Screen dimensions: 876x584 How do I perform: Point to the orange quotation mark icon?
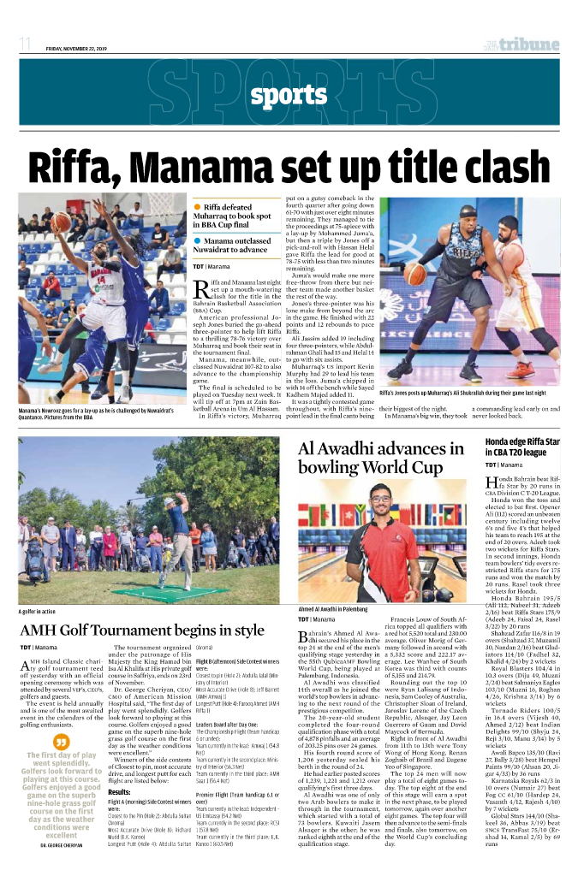60,741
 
